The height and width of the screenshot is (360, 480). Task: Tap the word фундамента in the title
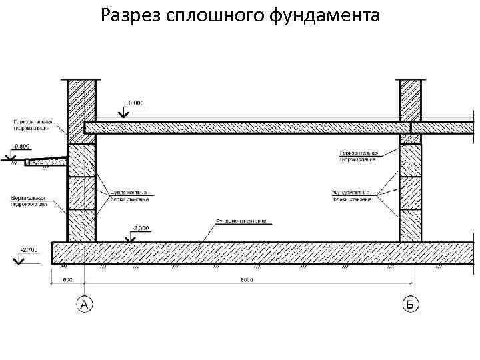coord(326,15)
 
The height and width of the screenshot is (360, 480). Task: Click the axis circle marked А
coord(84,305)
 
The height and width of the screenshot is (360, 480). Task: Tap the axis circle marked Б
coord(411,305)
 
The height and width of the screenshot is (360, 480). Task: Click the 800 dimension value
coord(68,280)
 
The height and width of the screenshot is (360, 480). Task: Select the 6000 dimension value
coord(247,280)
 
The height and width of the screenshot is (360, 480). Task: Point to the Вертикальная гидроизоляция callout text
coord(29,201)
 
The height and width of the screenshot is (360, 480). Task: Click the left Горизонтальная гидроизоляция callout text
coord(33,125)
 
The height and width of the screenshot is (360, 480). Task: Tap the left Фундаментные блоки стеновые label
coord(129,195)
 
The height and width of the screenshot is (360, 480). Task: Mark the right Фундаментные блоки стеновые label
coord(352,196)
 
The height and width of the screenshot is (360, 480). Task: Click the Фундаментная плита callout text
coord(241,221)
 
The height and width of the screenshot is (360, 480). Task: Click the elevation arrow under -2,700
coord(17,260)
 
